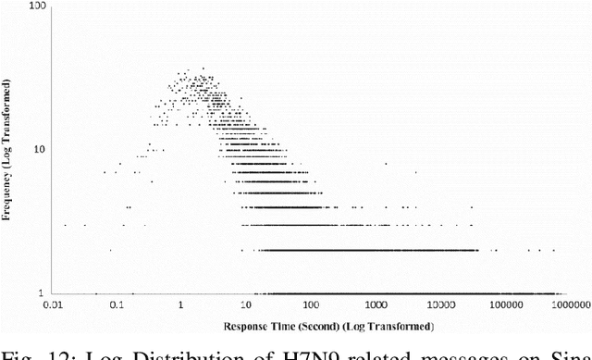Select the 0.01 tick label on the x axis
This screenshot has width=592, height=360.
click(57, 304)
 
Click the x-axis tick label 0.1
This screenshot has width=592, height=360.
click(117, 304)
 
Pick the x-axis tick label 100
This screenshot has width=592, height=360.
click(311, 304)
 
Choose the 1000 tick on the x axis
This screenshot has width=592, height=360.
click(375, 304)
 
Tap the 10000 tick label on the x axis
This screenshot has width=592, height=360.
click(439, 304)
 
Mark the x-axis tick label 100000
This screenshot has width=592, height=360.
click(504, 304)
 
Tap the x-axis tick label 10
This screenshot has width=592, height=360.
click(246, 304)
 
